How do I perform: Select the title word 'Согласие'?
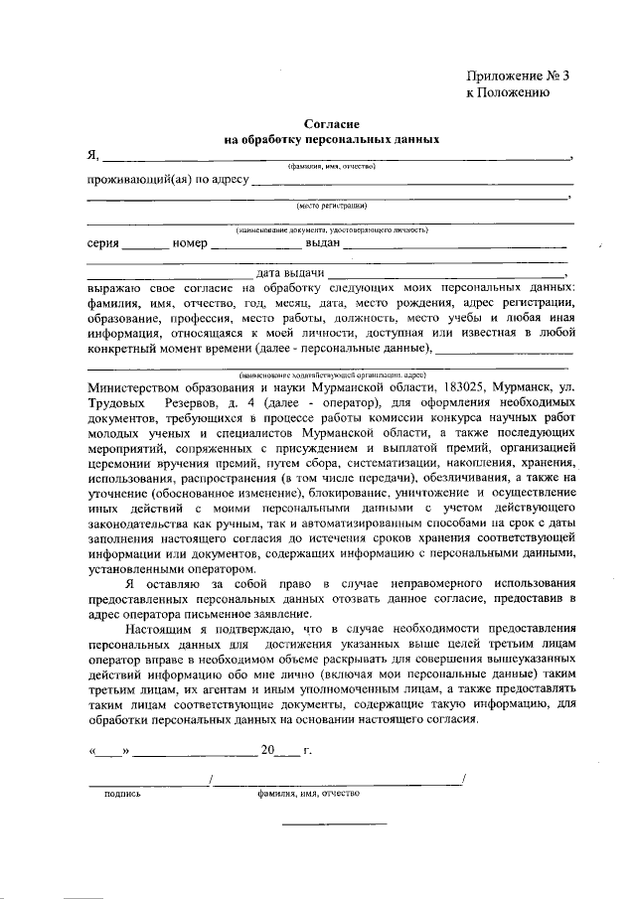point(332,123)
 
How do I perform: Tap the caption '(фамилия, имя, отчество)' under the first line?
point(332,167)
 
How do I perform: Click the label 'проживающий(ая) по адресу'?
point(167,181)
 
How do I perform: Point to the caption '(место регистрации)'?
point(332,207)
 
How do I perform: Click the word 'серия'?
point(103,244)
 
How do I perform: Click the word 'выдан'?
point(323,244)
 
